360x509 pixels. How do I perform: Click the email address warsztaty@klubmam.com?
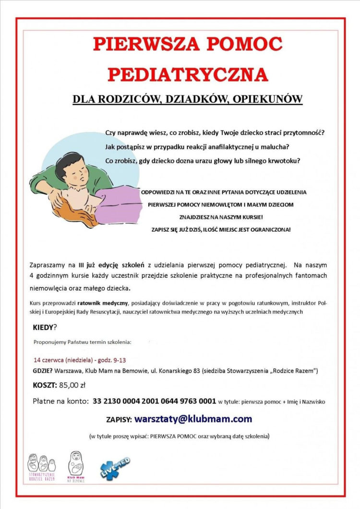pos(193,419)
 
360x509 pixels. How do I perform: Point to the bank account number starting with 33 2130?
pos(154,401)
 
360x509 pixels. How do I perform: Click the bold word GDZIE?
pos(43,370)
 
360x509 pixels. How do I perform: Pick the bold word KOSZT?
pos(44,385)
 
